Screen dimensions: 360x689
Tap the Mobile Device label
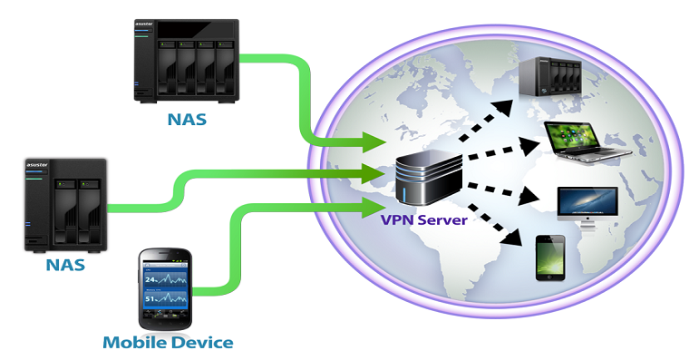(x=168, y=343)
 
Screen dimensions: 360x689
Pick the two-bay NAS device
(x=65, y=205)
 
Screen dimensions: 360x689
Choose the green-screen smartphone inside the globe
(x=549, y=258)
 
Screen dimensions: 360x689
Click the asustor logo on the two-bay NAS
(x=39, y=166)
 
